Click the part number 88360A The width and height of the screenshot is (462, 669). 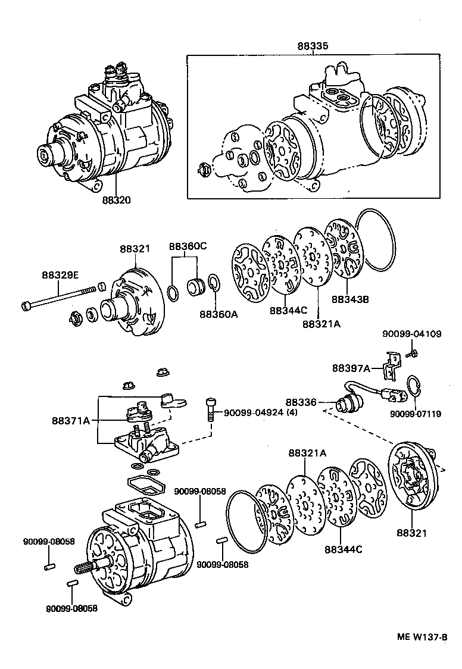(218, 314)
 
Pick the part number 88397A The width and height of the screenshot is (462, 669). (351, 368)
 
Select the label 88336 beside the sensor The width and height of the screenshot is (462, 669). (302, 402)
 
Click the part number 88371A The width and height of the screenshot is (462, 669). (71, 421)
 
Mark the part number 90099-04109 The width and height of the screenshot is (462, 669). (411, 334)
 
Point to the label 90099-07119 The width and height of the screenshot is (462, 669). (416, 414)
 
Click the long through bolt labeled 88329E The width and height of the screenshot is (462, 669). (60, 297)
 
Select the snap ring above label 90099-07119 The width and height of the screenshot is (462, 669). (414, 386)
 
